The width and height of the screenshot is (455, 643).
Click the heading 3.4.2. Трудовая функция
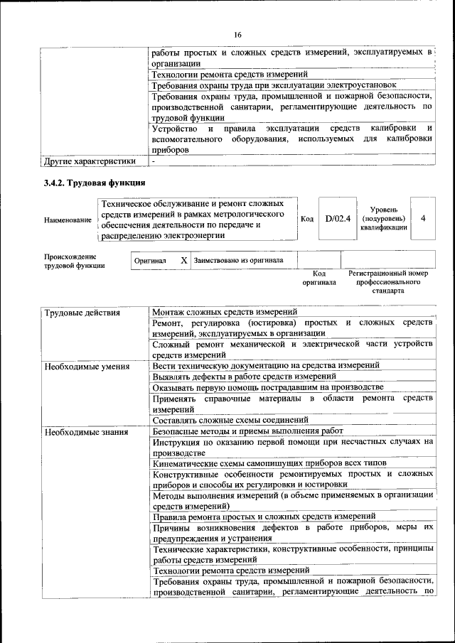point(95,183)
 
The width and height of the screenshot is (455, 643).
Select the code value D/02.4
point(338,219)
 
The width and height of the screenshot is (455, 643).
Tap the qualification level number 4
point(423,219)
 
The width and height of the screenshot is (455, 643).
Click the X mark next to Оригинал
point(183,261)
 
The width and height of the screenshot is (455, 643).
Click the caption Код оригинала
point(319,278)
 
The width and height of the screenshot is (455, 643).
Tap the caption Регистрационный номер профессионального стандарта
point(388,282)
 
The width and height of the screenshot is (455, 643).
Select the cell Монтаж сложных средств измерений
point(225,312)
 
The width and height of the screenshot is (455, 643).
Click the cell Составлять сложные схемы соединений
point(230,420)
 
